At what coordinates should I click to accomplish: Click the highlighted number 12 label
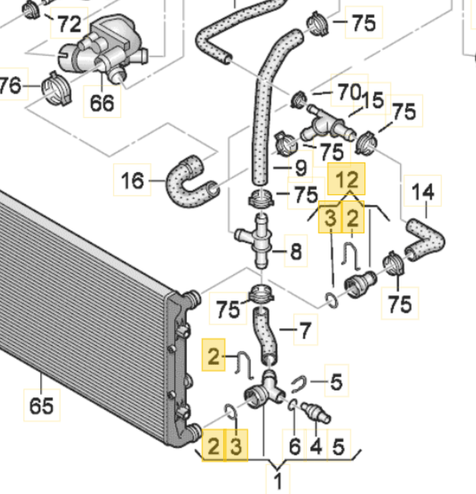point(346,179)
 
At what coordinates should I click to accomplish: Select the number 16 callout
point(133,180)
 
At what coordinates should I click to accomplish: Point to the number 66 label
point(102,102)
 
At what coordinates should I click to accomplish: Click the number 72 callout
point(69,24)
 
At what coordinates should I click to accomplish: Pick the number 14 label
point(423,194)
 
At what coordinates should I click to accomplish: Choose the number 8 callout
point(296,251)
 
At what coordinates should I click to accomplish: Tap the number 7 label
point(305,328)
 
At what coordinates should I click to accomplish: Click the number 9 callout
point(301,169)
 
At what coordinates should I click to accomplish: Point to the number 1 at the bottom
point(278,480)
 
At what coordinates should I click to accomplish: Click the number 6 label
point(295,448)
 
